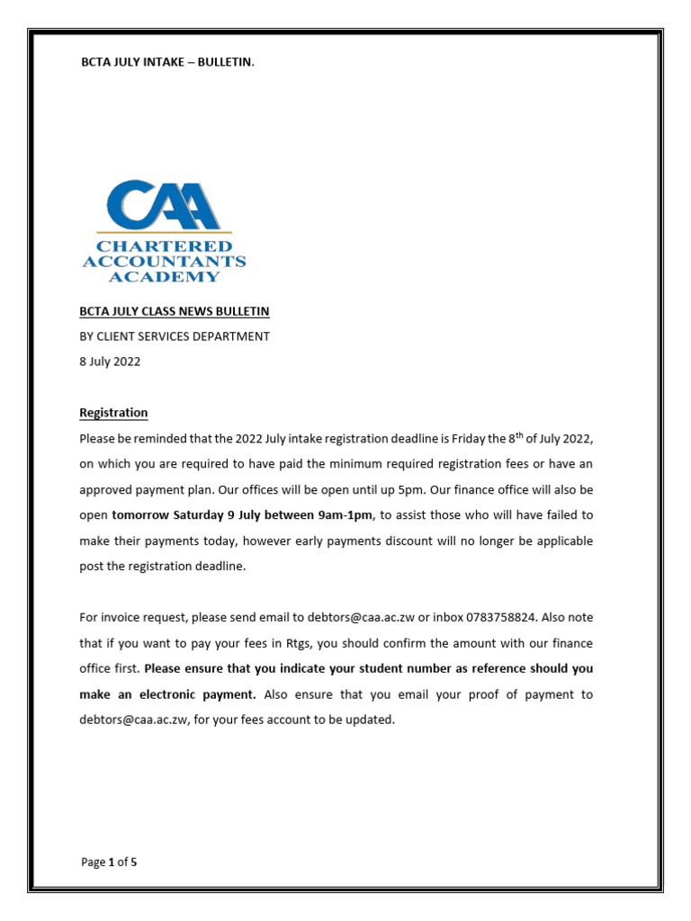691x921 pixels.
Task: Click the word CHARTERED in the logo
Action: (x=164, y=246)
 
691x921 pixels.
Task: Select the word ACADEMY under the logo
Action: (x=164, y=276)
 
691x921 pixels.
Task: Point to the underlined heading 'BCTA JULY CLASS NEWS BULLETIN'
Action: (x=175, y=311)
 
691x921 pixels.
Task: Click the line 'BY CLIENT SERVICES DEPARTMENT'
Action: (x=175, y=336)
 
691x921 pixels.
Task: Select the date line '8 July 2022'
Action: (x=110, y=362)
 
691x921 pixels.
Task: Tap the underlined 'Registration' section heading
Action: (x=113, y=413)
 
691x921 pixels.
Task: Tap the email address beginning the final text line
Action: (x=134, y=720)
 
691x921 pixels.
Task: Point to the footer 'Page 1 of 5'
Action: (x=109, y=862)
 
